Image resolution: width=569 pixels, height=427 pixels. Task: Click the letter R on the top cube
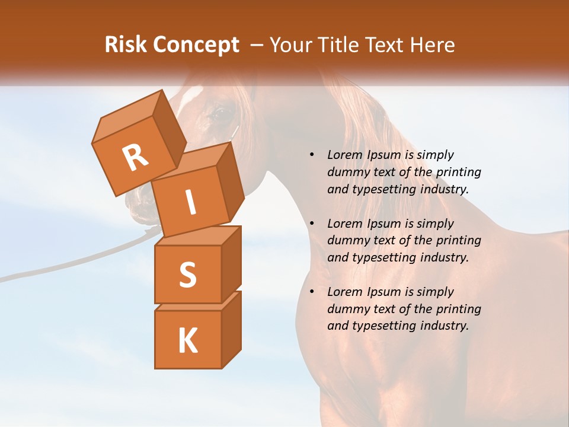coord(136,158)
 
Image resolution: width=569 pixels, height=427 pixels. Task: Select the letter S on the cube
coord(187,275)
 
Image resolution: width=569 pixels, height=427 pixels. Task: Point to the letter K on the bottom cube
coord(187,340)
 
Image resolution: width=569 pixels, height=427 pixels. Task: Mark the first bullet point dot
coord(312,155)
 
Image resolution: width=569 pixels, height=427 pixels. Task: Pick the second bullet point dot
coord(312,224)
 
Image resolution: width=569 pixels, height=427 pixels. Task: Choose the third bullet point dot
coord(312,292)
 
